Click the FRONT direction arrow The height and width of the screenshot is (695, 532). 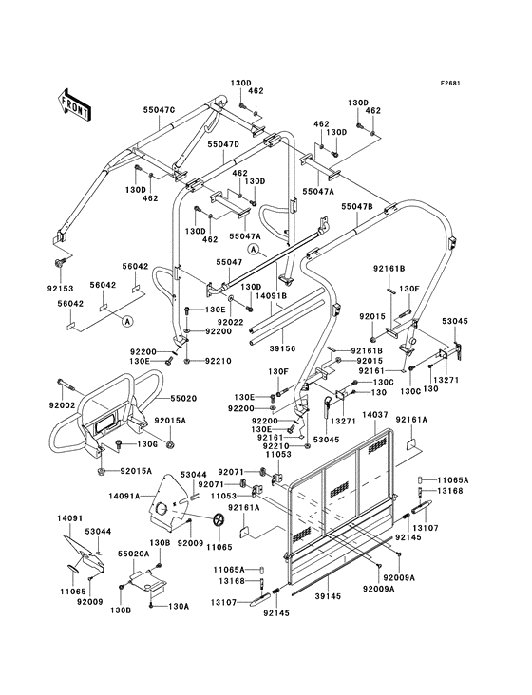click(74, 104)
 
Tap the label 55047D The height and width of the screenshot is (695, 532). click(223, 144)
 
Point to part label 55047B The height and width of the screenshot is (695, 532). click(357, 206)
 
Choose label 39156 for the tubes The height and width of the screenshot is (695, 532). click(282, 349)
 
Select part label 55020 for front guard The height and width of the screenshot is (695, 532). click(182, 399)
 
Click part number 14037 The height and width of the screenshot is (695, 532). click(375, 415)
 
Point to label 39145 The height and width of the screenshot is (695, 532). click(328, 596)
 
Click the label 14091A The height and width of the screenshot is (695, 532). click(124, 496)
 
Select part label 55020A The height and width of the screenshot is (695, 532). click(133, 554)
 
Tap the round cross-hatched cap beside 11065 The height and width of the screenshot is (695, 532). click(218, 520)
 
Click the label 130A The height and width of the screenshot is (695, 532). click(179, 606)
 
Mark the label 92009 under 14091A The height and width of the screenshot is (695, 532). click(190, 542)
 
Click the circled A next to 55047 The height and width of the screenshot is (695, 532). click(253, 250)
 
